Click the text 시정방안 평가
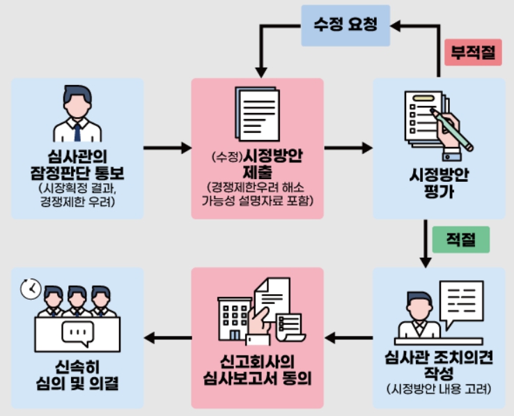pos(439,183)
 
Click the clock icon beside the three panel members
pos(30,289)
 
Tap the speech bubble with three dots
pos(77,334)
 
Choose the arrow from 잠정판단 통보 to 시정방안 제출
pos(167,148)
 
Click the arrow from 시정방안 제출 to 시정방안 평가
pos(348,148)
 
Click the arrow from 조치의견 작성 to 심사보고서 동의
pos(348,339)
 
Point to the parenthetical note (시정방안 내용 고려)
pos(439,387)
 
